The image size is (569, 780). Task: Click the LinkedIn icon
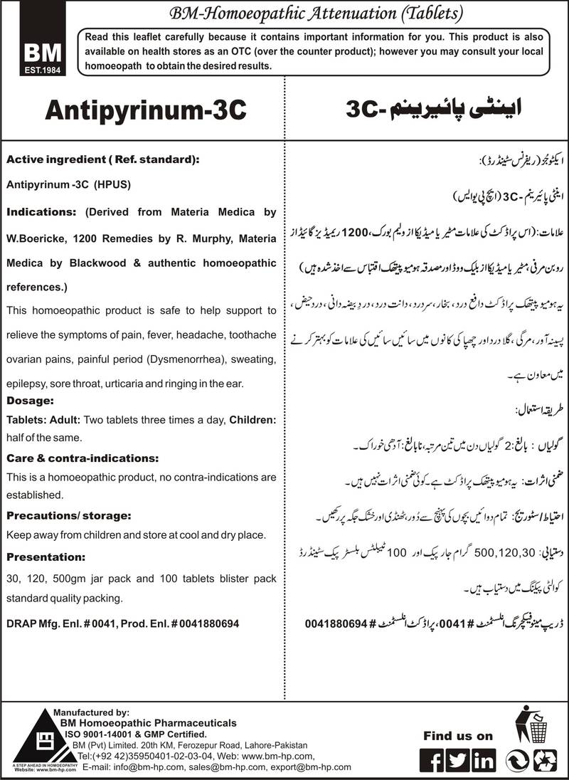[484, 760]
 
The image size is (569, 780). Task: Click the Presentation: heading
[46, 537]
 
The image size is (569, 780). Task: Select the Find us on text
[458, 736]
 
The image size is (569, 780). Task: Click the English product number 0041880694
[205, 621]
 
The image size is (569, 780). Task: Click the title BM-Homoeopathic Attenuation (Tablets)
[284, 12]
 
